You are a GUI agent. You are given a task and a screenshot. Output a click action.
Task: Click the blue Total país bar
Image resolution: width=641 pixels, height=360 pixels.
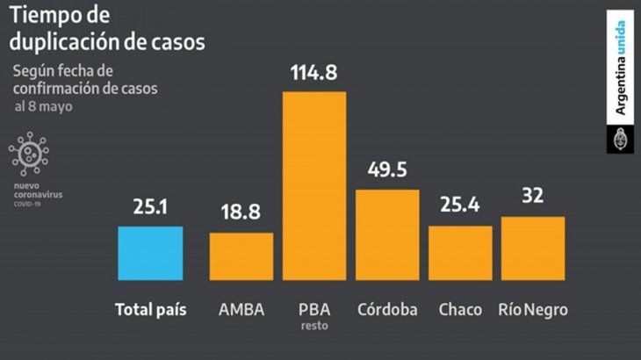pos(150,252)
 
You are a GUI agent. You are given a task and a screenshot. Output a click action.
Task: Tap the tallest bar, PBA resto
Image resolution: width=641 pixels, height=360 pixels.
pos(313,184)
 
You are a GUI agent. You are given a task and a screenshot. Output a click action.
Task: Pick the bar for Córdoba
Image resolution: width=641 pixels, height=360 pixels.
pos(387,234)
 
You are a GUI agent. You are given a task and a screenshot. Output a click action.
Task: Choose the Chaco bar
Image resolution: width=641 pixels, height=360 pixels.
pos(460,252)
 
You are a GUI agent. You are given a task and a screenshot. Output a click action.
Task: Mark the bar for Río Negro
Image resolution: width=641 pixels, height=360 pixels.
pos(533,248)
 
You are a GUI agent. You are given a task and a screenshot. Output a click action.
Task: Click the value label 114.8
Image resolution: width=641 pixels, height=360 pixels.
pos(313,73)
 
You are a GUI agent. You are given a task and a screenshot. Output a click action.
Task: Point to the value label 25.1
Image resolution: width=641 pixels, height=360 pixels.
pos(150,208)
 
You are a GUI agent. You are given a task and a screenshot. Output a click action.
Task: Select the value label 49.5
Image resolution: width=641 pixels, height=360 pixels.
pos(387,170)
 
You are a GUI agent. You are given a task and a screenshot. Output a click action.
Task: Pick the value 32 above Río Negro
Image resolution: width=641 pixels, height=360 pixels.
pos(533,198)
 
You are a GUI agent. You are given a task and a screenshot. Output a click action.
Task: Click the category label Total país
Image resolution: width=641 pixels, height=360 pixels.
pos(150,310)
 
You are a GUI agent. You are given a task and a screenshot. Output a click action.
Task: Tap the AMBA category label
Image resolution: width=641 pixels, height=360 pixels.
pos(241,310)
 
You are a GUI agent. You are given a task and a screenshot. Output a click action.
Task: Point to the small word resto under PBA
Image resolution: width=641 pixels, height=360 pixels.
pos(313,327)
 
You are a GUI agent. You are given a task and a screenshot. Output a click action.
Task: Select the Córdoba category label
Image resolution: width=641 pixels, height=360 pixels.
pos(387,310)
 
